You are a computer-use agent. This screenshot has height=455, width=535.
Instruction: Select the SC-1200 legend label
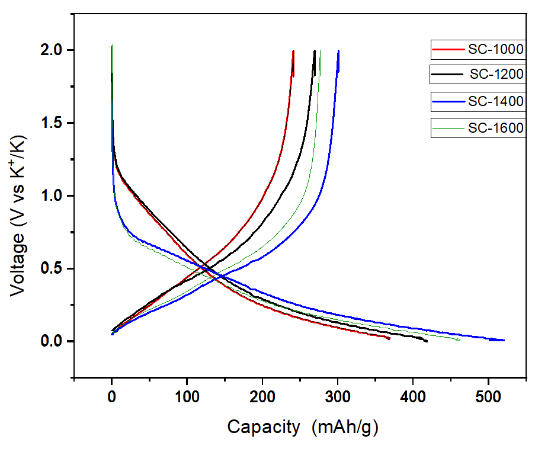[496, 75]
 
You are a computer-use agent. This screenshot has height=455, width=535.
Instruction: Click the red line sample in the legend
[448, 49]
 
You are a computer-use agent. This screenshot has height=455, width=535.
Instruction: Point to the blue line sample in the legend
[448, 101]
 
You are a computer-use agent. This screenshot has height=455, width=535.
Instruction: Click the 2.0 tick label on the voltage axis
[53, 50]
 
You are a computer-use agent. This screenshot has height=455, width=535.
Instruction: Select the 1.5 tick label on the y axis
[53, 123]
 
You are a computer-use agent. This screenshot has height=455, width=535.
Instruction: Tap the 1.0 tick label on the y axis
[53, 196]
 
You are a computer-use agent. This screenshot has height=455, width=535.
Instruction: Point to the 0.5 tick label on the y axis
[53, 269]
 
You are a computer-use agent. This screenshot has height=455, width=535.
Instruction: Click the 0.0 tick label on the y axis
[53, 342]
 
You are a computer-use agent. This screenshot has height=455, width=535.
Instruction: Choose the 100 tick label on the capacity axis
[187, 395]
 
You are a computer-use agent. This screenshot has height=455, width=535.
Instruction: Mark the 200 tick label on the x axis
[262, 395]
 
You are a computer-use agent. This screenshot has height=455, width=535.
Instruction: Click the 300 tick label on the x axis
[338, 395]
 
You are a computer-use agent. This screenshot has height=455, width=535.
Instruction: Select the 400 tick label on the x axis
[413, 395]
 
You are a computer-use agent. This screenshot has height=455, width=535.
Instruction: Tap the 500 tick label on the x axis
[488, 395]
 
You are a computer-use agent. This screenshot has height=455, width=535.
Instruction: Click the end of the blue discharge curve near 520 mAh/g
[504, 340]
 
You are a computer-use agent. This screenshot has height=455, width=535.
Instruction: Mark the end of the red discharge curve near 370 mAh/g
[389, 338]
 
